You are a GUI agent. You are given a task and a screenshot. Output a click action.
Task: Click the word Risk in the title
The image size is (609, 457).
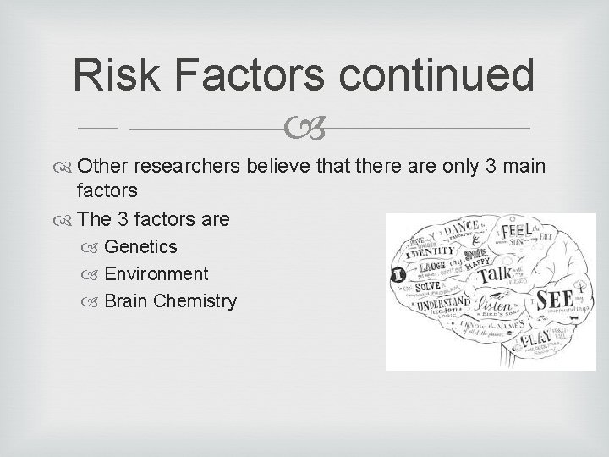(x=108, y=76)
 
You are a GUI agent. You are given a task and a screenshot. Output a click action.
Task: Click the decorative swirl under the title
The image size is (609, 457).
(x=304, y=129)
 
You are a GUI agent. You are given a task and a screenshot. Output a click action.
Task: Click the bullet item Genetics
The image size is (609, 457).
(x=140, y=246)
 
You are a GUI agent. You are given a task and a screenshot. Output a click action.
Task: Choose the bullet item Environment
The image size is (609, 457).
(x=156, y=273)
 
